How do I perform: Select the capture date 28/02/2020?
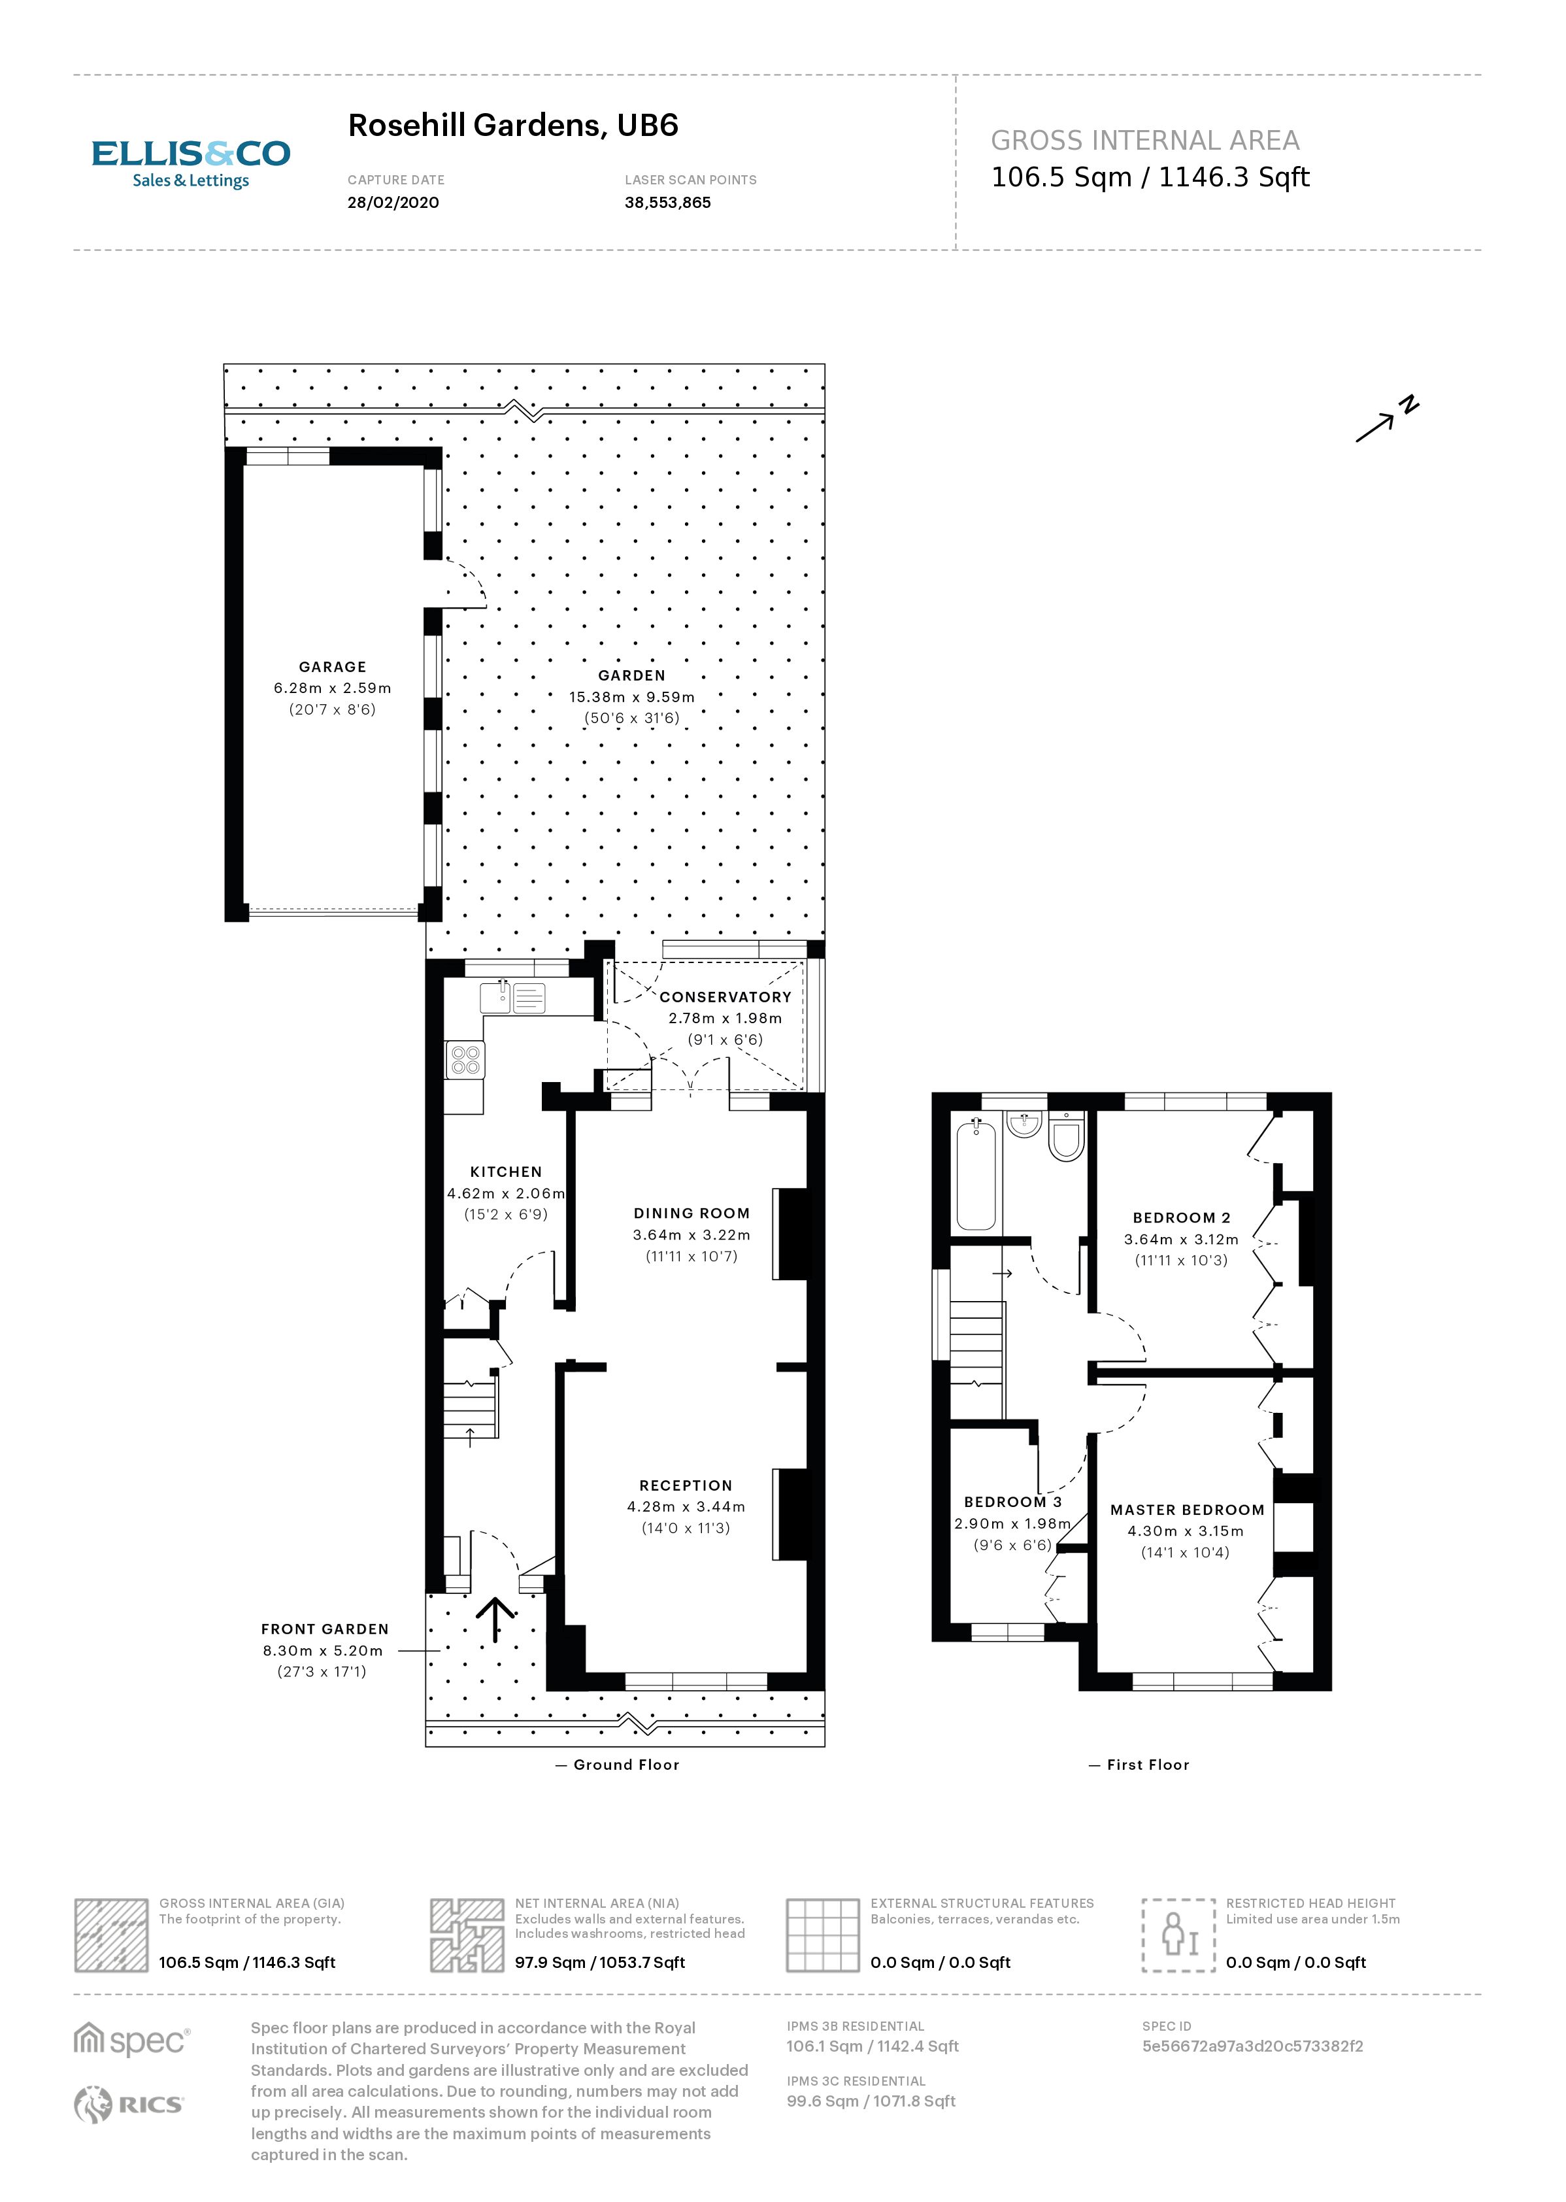(x=392, y=203)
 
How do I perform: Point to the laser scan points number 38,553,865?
(x=667, y=203)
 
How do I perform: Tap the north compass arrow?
(x=1385, y=422)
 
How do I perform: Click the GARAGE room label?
(x=332, y=666)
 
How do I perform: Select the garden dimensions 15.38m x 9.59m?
(x=631, y=696)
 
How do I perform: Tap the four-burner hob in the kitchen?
(x=466, y=1060)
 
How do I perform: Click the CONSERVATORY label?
(x=725, y=997)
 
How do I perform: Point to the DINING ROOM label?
(x=690, y=1213)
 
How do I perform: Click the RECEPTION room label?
(x=686, y=1485)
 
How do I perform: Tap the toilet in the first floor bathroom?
(x=1067, y=1139)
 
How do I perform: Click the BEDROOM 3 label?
(x=1012, y=1502)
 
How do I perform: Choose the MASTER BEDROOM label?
(x=1186, y=1510)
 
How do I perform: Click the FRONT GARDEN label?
(x=324, y=1629)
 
